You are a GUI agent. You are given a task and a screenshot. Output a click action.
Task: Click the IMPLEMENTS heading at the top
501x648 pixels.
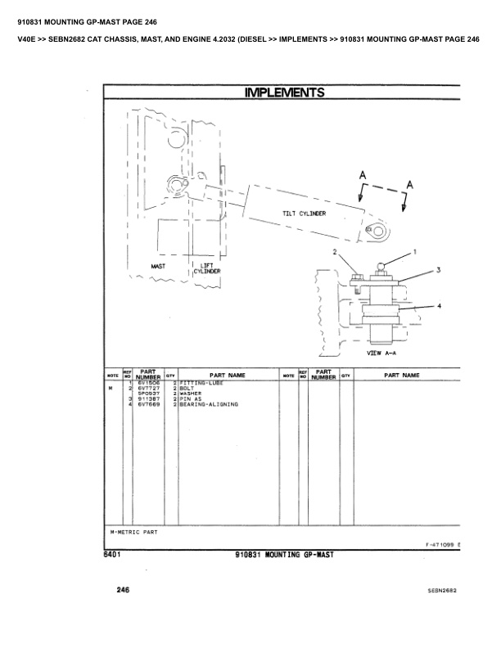click(x=285, y=92)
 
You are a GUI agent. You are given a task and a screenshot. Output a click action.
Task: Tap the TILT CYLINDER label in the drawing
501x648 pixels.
click(x=305, y=213)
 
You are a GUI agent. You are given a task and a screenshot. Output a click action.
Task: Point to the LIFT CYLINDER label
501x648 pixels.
click(x=206, y=268)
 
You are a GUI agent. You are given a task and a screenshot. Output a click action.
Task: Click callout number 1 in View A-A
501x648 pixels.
click(x=414, y=252)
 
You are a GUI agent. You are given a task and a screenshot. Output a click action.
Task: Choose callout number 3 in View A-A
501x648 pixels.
click(x=439, y=269)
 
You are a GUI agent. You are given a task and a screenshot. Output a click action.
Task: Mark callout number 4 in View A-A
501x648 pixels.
click(x=440, y=306)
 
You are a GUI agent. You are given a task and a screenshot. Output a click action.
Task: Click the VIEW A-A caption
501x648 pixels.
click(x=383, y=354)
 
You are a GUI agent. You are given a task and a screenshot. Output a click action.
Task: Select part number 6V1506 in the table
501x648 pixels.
click(x=147, y=382)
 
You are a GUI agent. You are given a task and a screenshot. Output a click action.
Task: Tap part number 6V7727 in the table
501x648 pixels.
click(x=147, y=388)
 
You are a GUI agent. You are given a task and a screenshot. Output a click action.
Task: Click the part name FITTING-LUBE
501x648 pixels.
click(x=201, y=382)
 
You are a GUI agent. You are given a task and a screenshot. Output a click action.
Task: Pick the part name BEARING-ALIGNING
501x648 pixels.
click(x=209, y=404)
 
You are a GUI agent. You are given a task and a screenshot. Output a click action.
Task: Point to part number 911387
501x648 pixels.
click(x=147, y=398)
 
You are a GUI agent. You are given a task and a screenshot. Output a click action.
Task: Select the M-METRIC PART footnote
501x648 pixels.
click(x=133, y=531)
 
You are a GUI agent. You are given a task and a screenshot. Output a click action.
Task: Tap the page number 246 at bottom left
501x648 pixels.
click(x=123, y=589)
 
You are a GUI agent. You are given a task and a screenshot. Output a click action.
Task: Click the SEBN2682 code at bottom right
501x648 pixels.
click(x=441, y=590)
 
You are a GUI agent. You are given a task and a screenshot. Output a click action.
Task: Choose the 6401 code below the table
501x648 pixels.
click(x=113, y=554)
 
